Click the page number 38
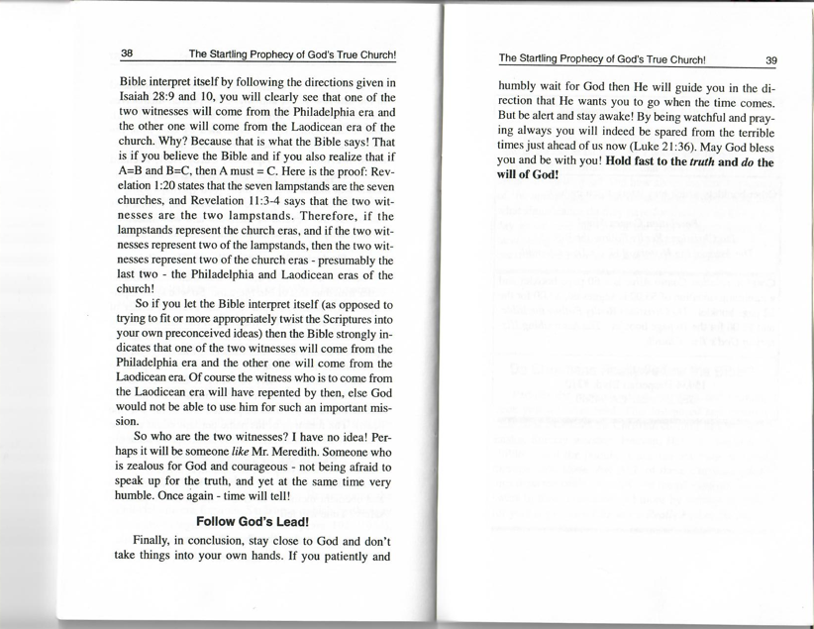tap(128, 53)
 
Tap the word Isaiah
tap(137, 96)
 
